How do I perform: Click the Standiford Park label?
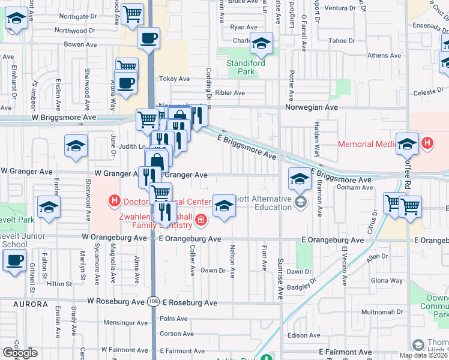click(240, 67)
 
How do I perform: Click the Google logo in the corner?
click(20, 353)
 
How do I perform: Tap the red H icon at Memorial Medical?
click(427, 143)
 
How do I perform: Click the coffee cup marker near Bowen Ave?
click(148, 38)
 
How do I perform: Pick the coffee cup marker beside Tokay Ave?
click(125, 83)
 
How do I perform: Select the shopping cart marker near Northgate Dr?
click(132, 14)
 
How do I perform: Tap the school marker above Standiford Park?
click(261, 43)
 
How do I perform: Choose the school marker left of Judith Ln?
click(76, 146)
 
